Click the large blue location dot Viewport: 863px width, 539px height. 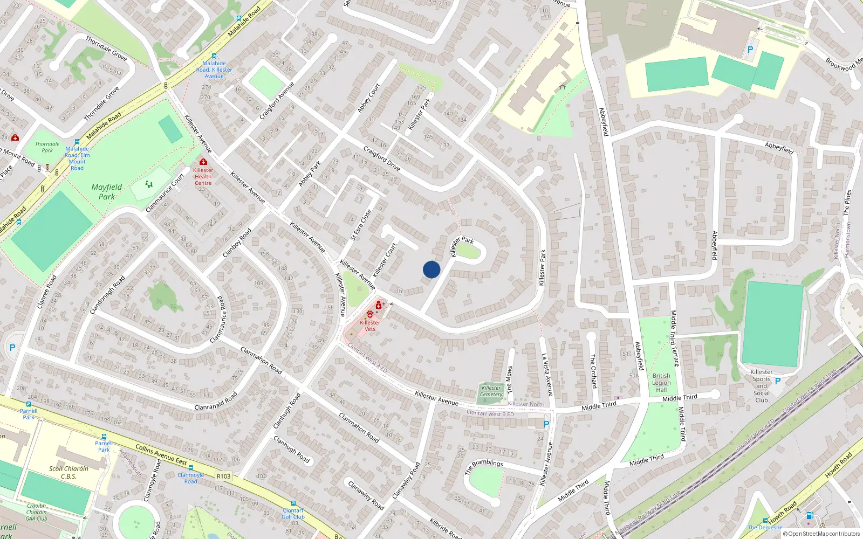coord(432,269)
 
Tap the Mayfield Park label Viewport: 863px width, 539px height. coord(106,192)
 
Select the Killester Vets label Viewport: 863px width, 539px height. coord(370,326)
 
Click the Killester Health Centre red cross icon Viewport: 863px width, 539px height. coord(203,162)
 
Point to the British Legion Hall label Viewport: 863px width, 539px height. coord(661,383)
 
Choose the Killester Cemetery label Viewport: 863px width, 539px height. coord(491,391)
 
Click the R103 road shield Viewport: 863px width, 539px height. coord(223,476)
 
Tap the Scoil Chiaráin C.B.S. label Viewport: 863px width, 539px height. coord(69,472)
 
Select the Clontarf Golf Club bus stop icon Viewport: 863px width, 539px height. coord(293,503)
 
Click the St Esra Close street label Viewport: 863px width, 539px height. coord(361,225)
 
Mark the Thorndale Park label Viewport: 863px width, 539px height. coord(47,147)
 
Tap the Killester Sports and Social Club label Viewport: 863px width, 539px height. coord(762,386)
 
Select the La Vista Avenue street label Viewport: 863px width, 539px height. coord(547,375)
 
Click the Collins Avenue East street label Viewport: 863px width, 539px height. coord(161,455)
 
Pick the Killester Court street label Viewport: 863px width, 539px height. coord(385,260)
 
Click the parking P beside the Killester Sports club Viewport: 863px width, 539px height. coord(778,381)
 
